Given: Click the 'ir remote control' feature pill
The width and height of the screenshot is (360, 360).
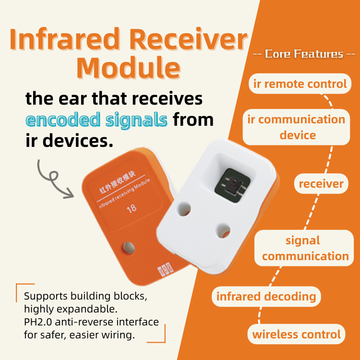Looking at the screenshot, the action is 300,84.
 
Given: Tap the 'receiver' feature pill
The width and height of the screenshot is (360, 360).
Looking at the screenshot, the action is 321,183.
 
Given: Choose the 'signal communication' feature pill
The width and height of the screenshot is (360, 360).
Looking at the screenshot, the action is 304,248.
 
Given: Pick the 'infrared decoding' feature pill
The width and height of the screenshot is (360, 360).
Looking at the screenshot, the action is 266,296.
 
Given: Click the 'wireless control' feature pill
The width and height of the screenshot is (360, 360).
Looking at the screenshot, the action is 297,334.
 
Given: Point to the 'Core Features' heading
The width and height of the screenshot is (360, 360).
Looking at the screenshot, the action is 304,54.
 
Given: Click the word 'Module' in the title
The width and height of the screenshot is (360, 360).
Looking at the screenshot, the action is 128,68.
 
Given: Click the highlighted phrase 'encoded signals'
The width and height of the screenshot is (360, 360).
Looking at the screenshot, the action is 96,119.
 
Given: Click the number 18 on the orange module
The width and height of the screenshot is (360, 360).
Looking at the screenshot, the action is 131,209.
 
